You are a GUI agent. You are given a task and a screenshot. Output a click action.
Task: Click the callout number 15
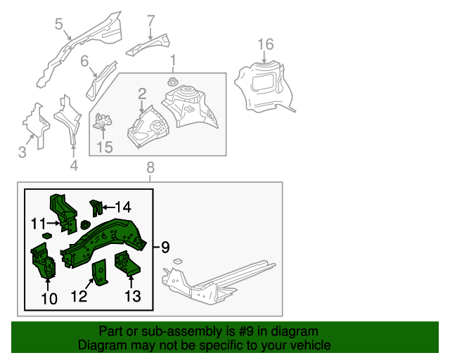[104, 147]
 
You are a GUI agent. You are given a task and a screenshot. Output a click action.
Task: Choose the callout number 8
[149, 167]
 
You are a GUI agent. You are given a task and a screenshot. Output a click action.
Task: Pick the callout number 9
[165, 247]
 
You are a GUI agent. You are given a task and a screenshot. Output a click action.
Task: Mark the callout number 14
[123, 207]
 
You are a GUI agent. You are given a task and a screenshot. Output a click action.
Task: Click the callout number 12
[79, 297]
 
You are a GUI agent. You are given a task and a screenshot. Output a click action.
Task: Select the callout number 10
[48, 299]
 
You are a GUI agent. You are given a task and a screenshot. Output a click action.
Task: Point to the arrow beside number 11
[54, 223]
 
